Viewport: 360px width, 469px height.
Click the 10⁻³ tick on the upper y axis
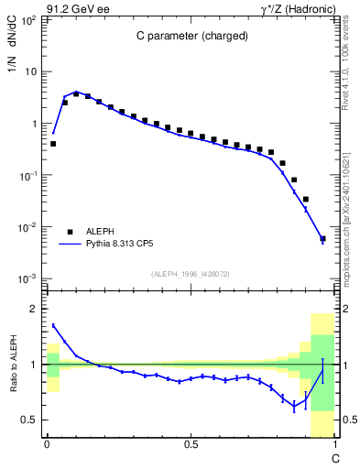[29, 278]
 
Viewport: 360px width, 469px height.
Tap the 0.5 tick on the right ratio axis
[348, 420]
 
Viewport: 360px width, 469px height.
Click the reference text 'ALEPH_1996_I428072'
[190, 273]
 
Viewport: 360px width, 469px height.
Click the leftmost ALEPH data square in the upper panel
[53, 144]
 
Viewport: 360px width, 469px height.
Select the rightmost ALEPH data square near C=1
[322, 239]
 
